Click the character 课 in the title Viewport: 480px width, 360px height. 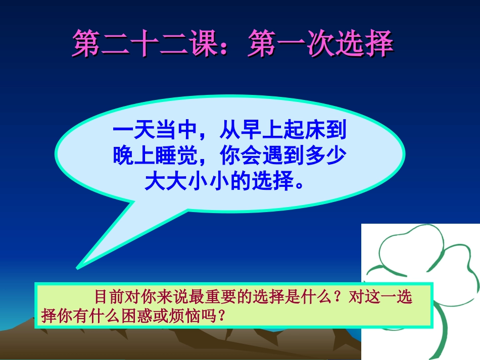[x=205, y=44]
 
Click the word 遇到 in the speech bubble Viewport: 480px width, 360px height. [x=281, y=156]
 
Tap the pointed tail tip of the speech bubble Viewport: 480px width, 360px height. [x=77, y=266]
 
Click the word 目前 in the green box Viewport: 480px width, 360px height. [x=106, y=297]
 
